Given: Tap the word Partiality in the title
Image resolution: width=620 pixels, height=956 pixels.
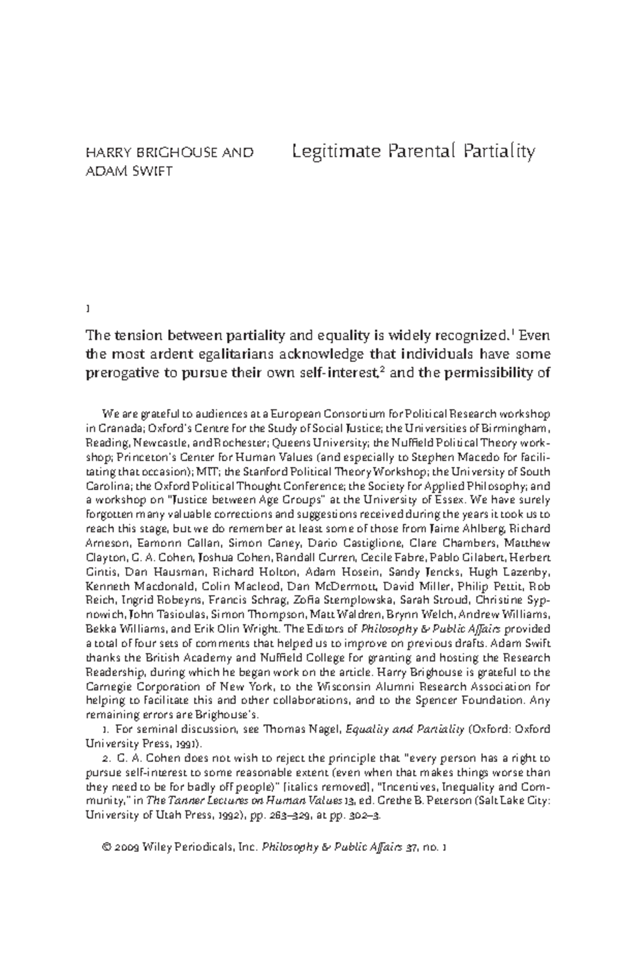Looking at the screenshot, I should tap(499, 152).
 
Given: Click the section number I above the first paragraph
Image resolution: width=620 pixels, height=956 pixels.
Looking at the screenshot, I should tap(87, 310).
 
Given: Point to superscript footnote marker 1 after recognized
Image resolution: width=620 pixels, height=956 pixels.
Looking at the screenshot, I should tap(512, 331).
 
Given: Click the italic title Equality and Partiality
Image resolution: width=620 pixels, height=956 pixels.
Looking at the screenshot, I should tap(405, 730).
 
